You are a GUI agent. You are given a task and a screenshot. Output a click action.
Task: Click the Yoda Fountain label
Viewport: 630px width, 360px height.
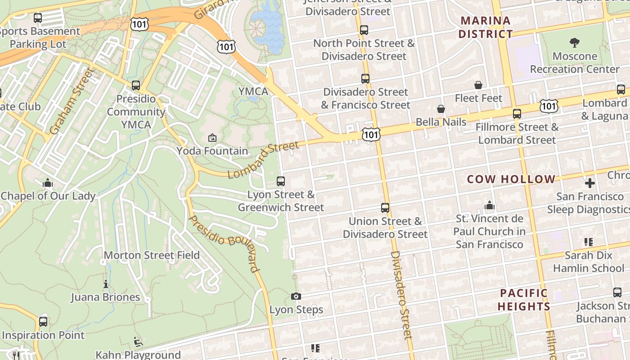(x=212, y=151)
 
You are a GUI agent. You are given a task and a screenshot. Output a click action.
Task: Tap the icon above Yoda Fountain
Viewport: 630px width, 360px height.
(x=212, y=138)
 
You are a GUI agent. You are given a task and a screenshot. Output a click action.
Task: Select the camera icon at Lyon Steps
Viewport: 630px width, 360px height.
(x=296, y=296)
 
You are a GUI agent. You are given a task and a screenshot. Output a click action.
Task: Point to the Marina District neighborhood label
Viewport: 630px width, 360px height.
(x=486, y=27)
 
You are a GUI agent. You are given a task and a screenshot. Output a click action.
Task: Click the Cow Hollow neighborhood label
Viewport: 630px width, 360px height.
(x=511, y=179)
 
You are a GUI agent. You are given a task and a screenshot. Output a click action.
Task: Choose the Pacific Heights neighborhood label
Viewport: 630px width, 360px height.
(x=524, y=300)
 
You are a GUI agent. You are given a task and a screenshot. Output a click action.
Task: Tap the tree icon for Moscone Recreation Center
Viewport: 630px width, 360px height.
(x=574, y=43)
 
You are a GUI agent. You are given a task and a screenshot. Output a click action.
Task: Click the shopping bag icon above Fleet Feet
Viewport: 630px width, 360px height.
(x=478, y=85)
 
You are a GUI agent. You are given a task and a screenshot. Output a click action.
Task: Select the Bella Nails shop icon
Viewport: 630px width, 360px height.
(x=441, y=109)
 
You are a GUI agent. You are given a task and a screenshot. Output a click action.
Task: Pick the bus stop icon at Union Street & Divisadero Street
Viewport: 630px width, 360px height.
(x=385, y=208)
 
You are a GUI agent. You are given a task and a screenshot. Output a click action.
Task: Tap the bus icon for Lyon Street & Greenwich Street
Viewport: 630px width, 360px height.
(x=281, y=181)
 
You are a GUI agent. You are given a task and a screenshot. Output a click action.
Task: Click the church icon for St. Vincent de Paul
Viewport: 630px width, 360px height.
(x=490, y=206)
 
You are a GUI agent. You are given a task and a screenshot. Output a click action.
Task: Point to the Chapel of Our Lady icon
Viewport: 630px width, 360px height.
(x=48, y=183)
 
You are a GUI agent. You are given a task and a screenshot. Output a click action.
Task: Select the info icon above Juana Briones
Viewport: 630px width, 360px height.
(x=106, y=284)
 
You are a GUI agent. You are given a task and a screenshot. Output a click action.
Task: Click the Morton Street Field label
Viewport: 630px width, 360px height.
(x=152, y=256)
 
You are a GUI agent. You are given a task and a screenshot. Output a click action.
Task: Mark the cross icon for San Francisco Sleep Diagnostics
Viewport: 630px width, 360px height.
(x=590, y=183)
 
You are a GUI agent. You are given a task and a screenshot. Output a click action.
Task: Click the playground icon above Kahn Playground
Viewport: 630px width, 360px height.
(x=139, y=342)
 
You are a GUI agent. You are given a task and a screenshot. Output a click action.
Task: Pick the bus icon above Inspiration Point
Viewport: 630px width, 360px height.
(x=43, y=322)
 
